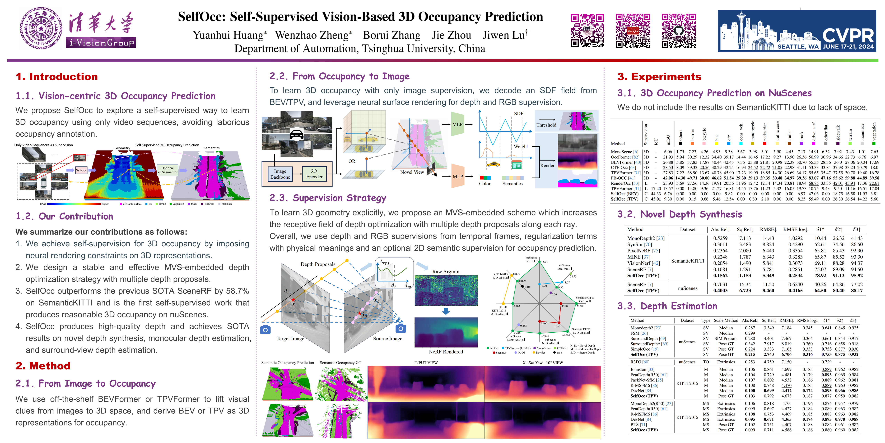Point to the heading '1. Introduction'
coord(57,77)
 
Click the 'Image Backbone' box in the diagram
coord(280,174)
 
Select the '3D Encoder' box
coord(314,174)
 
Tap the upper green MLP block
coord(457,124)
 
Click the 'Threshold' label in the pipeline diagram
coord(546,125)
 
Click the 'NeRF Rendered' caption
coord(446,351)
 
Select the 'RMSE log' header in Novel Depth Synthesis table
coord(795,229)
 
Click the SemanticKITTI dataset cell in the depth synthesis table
coord(687,261)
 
